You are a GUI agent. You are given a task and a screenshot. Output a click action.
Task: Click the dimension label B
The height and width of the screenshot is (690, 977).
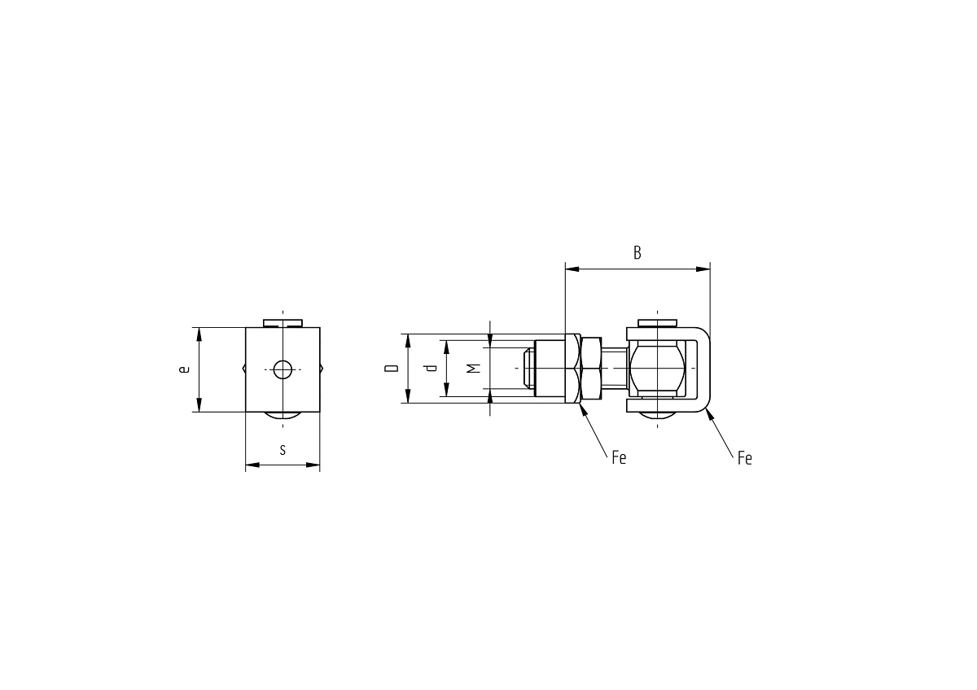pos(637,253)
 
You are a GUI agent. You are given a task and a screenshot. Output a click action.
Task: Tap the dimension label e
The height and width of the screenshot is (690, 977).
pos(185,369)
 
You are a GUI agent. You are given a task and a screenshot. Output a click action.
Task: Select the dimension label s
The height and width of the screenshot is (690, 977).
pos(283,450)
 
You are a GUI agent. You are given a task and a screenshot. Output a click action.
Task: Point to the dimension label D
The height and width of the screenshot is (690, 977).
pos(392,369)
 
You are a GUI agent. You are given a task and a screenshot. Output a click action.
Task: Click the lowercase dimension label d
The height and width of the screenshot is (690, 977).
pos(431,368)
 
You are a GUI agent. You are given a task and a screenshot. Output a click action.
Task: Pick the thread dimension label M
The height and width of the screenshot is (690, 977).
pos(473,369)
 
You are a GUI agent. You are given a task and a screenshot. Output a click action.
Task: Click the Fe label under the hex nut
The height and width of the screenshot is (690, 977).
pos(619,457)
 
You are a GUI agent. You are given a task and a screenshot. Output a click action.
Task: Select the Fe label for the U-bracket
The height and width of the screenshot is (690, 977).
pos(744,459)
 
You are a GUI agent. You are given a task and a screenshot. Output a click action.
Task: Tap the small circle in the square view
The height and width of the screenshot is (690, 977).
pos(283,369)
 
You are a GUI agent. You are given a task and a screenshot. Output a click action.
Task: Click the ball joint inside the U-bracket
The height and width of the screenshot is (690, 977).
pos(656,369)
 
